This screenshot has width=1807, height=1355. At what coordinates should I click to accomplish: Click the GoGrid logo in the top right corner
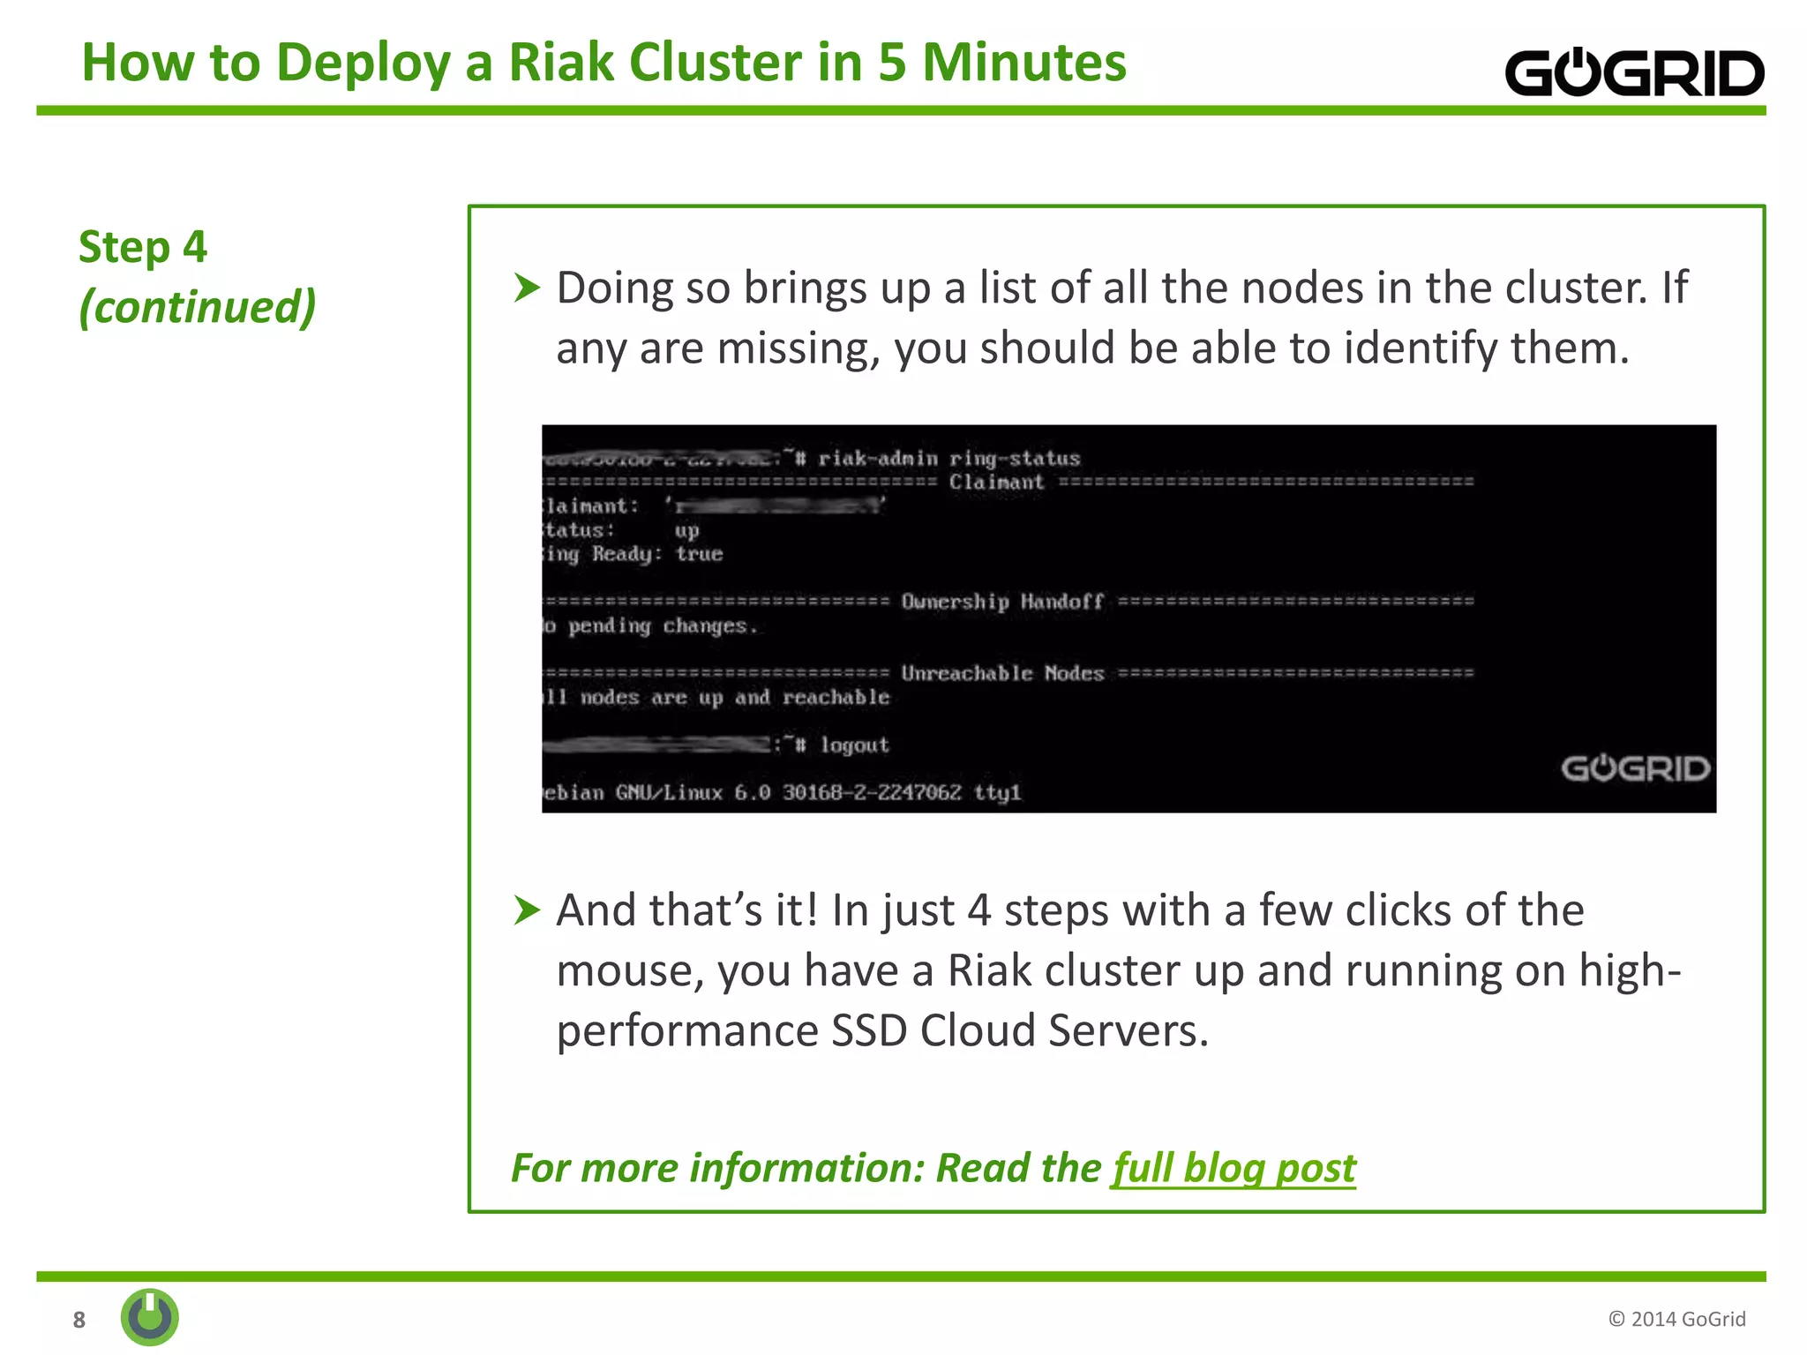point(1633,73)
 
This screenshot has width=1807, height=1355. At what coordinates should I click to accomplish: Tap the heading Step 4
point(143,247)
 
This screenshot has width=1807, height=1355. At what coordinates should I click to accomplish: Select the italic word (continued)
point(197,307)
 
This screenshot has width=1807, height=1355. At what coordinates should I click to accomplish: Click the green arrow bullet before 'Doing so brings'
point(526,288)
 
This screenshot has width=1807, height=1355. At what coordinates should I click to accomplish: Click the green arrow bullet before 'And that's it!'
point(526,910)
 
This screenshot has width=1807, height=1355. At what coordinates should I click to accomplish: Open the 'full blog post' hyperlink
point(1233,1168)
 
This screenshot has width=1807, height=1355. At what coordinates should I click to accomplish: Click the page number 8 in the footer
point(79,1320)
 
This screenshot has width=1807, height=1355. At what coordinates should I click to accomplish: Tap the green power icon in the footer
point(150,1317)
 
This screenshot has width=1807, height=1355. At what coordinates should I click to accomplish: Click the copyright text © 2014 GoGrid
point(1676,1319)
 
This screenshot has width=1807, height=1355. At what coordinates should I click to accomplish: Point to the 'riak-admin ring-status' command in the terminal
point(948,459)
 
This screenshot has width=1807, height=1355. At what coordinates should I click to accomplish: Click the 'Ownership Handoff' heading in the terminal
point(1002,602)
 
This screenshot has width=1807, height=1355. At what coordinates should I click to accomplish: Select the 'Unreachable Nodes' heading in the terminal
point(1002,674)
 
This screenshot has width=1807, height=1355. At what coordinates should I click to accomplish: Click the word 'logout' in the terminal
point(854,745)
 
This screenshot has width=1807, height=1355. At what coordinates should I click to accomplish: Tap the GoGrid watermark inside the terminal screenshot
point(1635,768)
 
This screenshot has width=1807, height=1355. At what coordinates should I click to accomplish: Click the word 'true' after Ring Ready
point(699,554)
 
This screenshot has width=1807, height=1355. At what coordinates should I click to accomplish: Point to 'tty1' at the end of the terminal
point(997,793)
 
